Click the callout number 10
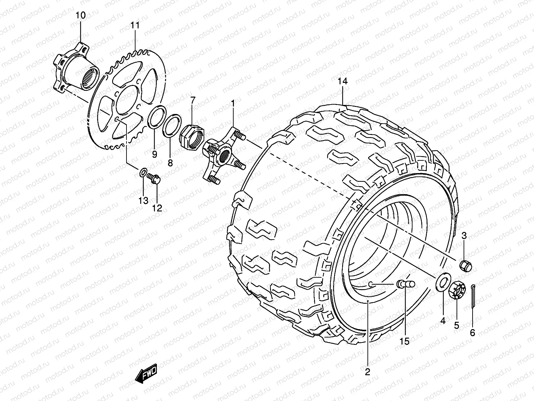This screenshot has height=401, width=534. tap(81, 15)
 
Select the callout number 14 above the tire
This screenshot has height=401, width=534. tap(342, 81)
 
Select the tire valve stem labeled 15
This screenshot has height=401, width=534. tap(406, 284)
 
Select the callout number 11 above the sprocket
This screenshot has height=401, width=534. tap(135, 25)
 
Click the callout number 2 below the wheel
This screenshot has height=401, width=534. tap(367, 372)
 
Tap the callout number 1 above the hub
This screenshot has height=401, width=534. tap(233, 104)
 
